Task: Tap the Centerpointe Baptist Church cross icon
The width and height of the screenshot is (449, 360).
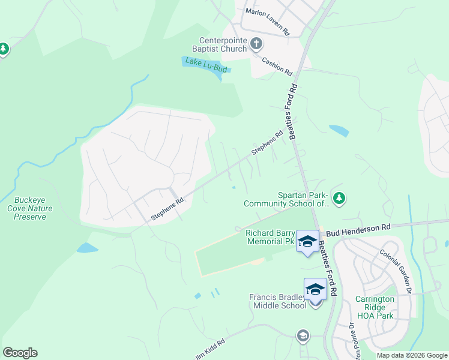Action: [x=256, y=43]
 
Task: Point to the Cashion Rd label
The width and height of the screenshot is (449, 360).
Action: [x=277, y=66]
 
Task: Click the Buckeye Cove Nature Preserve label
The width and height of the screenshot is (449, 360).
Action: [x=33, y=208]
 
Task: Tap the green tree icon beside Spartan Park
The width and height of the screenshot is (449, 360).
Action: [x=339, y=197]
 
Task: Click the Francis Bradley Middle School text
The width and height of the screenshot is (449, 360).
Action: [x=278, y=301]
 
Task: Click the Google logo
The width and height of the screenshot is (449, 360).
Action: [x=20, y=353]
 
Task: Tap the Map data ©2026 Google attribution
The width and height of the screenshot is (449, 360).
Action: [x=411, y=355]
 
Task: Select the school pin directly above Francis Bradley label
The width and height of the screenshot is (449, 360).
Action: [x=315, y=290]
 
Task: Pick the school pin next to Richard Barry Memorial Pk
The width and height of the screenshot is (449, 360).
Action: [x=307, y=242]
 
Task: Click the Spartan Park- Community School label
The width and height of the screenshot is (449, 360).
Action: [x=287, y=199]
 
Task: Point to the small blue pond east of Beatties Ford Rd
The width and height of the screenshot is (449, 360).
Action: [x=339, y=130]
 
